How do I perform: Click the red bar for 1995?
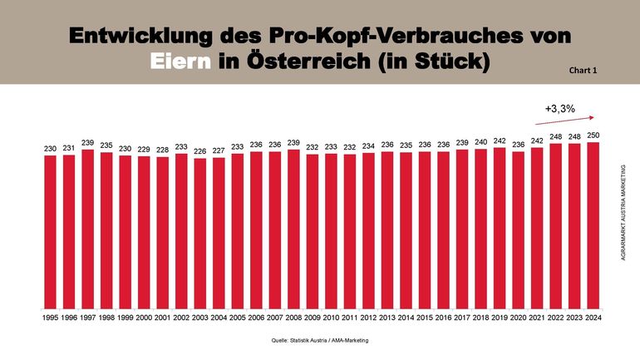click(50, 230)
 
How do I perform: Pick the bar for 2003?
click(199, 232)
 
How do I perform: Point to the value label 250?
click(593, 135)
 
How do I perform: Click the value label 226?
click(199, 151)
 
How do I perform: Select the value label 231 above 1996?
click(69, 148)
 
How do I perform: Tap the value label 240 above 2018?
click(481, 142)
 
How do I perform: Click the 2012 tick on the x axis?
click(368, 317)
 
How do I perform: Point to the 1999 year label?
click(125, 317)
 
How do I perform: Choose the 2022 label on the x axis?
click(556, 317)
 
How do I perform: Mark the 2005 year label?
click(237, 317)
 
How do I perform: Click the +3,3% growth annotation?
click(560, 109)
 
